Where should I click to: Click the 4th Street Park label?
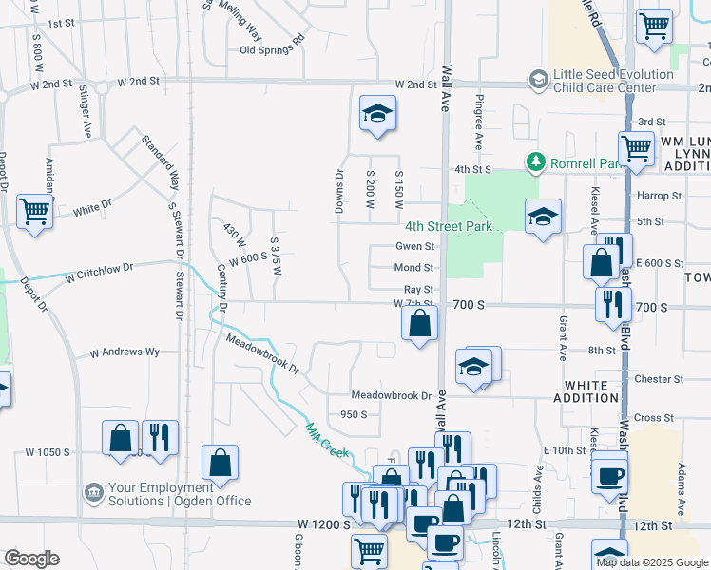click(x=448, y=226)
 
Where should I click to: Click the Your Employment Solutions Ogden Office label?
click(x=180, y=495)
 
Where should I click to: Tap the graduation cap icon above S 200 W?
click(x=377, y=114)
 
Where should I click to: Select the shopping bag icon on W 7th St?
click(x=419, y=324)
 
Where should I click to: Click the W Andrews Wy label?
click(x=125, y=352)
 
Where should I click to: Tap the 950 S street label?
click(x=354, y=414)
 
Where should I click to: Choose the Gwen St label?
click(x=414, y=246)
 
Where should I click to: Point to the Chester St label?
click(x=652, y=378)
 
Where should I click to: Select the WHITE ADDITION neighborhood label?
click(x=591, y=391)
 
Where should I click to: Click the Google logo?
click(x=32, y=559)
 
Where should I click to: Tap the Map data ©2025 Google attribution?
click(x=652, y=562)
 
